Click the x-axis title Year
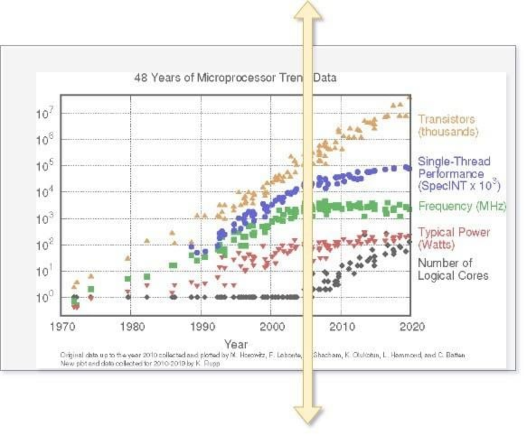point(236,345)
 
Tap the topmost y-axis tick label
point(45,112)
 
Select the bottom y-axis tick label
point(45,298)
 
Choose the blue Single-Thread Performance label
point(458,174)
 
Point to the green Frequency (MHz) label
point(462,206)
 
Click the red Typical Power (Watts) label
point(453,238)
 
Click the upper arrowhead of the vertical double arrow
point(308,11)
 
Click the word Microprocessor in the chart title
point(235,78)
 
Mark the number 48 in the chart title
point(141,78)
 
